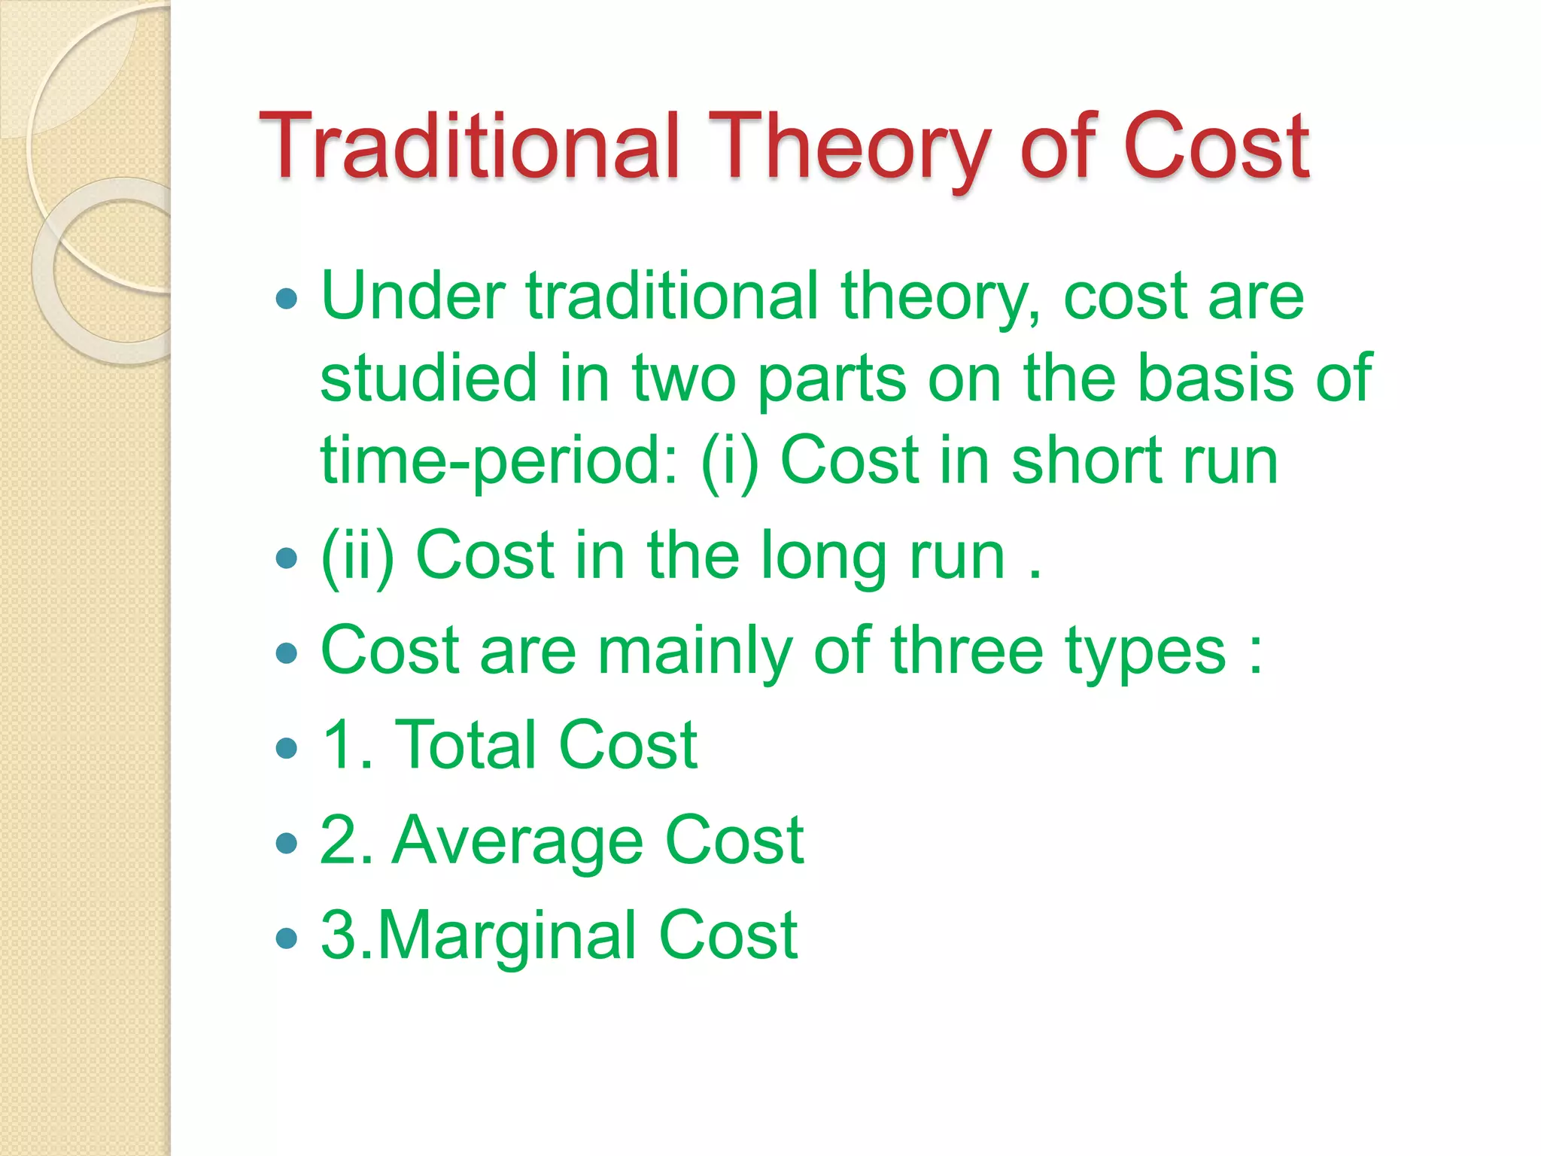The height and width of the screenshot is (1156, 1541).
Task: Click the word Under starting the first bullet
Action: tap(412, 297)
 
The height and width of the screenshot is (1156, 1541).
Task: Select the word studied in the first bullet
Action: tap(428, 378)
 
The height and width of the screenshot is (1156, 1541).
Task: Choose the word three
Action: tap(967, 650)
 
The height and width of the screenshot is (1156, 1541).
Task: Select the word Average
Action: tap(518, 841)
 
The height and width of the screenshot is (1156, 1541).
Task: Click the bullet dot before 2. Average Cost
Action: tap(287, 843)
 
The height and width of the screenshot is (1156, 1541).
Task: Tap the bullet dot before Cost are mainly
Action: tap(287, 653)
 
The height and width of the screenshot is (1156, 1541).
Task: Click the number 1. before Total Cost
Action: tap(346, 745)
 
